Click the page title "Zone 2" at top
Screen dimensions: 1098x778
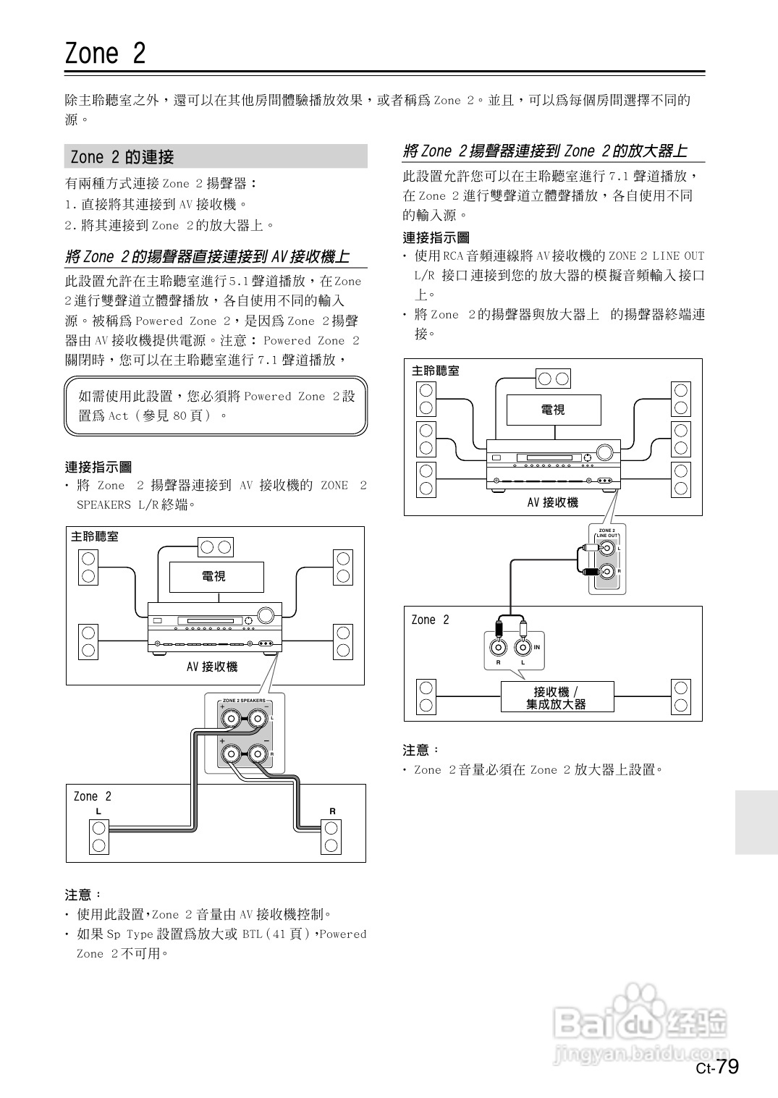click(x=106, y=54)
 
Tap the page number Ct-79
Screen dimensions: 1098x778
click(x=717, y=1068)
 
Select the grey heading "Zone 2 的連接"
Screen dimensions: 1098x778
click(x=123, y=157)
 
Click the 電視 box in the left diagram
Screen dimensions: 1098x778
click(x=216, y=576)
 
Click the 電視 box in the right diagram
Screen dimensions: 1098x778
click(x=553, y=410)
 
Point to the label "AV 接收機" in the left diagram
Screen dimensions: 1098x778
click(x=211, y=667)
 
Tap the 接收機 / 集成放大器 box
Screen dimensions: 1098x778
click(x=557, y=698)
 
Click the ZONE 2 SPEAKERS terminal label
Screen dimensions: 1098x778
click(x=244, y=701)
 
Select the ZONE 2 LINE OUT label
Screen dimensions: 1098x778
click(x=606, y=533)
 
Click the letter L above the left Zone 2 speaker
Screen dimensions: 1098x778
click(x=99, y=811)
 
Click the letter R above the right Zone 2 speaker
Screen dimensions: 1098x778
click(x=332, y=811)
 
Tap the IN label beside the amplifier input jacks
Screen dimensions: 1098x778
click(x=537, y=647)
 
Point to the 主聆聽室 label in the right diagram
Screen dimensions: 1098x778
click(x=436, y=371)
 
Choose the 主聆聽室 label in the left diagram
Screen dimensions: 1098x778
click(x=95, y=536)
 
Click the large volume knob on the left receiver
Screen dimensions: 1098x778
click(x=266, y=615)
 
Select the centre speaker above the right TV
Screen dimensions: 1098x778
click(x=553, y=378)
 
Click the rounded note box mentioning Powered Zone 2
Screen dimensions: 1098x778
click(x=216, y=406)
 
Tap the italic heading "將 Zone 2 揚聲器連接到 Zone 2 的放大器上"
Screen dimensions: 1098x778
click(x=544, y=151)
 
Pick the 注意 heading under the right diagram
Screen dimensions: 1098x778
click(x=420, y=750)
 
